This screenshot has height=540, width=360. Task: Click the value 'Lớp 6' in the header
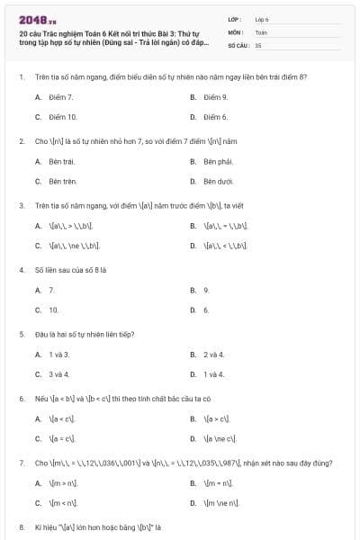click(x=262, y=19)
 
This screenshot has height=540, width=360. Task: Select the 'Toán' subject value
click(x=261, y=31)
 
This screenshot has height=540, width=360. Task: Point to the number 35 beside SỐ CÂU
click(x=258, y=44)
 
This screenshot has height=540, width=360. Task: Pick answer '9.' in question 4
click(x=206, y=290)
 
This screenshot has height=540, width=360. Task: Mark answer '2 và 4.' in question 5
click(x=213, y=355)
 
